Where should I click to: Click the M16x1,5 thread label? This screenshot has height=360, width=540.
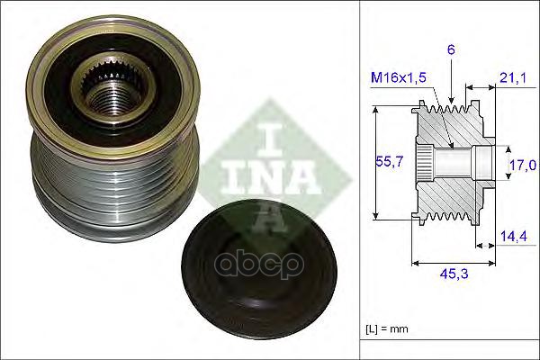coord(399,77)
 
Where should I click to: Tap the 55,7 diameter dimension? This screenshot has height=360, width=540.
coord(389,161)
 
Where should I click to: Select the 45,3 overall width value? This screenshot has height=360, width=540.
coord(454,274)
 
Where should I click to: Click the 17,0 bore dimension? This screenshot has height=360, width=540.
coord(524,166)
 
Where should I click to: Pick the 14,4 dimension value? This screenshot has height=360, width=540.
coord(514,237)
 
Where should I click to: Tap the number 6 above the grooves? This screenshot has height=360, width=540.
coord(451,50)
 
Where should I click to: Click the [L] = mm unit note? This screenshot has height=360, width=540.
coord(387,329)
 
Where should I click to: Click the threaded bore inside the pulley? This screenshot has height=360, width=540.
coord(114,99)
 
